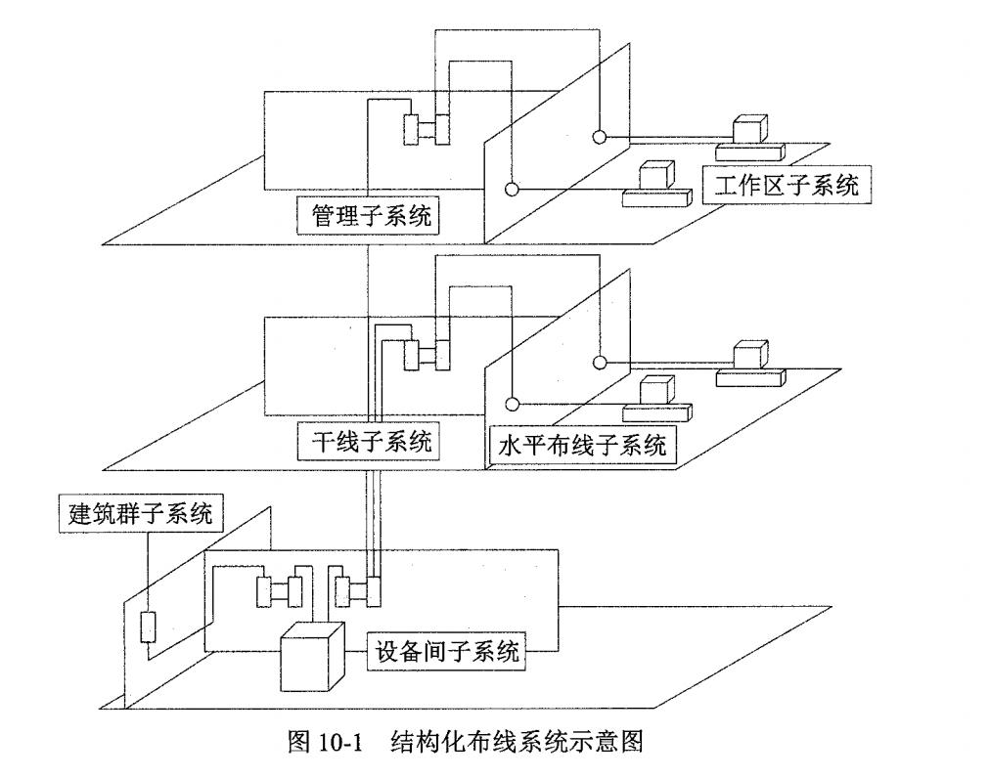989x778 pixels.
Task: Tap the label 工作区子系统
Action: tap(787, 185)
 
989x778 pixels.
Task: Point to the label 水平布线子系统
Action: tap(582, 446)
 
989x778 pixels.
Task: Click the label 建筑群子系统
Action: tap(140, 512)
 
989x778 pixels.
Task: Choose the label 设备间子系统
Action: tap(447, 650)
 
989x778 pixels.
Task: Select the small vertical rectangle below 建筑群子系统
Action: tap(149, 627)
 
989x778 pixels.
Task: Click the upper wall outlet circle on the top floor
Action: tap(600, 136)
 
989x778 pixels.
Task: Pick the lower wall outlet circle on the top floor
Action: tap(510, 189)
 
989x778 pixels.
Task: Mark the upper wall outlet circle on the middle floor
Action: tap(600, 361)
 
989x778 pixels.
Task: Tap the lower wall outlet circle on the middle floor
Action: tap(510, 402)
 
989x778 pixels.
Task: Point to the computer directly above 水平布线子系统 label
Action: tap(653, 394)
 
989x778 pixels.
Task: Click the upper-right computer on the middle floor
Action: tap(750, 361)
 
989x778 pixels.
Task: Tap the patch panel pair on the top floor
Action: tap(427, 130)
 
